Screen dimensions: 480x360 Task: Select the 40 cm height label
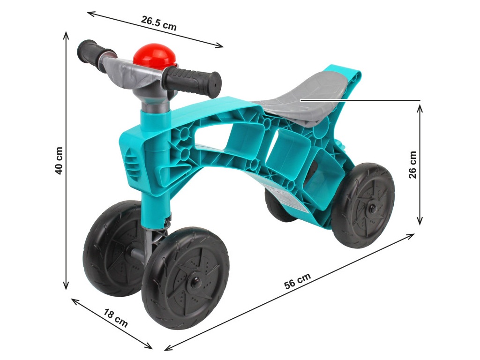(x=59, y=161)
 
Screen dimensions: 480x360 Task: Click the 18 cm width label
(x=115, y=318)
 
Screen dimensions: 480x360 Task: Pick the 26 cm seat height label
(x=412, y=165)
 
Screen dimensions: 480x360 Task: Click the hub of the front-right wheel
(x=194, y=283)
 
